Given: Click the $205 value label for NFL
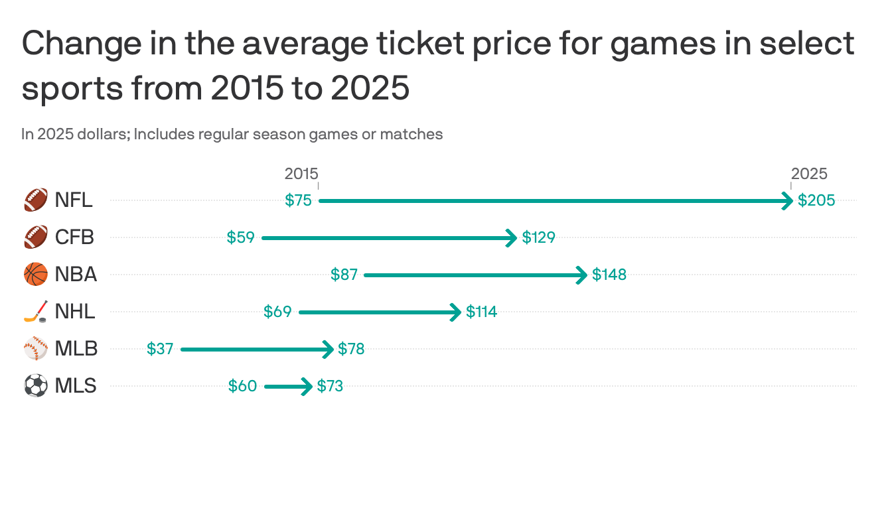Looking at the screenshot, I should (x=816, y=200).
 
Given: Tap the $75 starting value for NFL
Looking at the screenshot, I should (x=298, y=200).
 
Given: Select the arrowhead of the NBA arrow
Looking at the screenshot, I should (x=582, y=275).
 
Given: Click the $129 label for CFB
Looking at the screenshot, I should (x=538, y=237).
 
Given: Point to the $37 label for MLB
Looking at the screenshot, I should (x=160, y=349).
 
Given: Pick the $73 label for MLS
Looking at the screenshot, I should (x=330, y=386).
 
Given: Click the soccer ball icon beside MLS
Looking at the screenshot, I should (x=36, y=386).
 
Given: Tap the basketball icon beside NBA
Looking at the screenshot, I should (x=36, y=275).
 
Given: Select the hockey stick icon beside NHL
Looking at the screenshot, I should (x=36, y=312).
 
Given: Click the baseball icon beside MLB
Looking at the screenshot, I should (x=36, y=349).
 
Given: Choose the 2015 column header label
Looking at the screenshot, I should (x=301, y=174).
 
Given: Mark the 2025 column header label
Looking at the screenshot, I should (x=809, y=174).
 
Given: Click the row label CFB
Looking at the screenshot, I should (x=74, y=237).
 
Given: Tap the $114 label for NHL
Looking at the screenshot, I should (x=481, y=312).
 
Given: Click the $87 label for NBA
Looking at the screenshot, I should (x=344, y=275).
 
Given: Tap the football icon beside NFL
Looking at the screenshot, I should (x=36, y=200).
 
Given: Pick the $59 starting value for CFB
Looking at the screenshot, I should (x=240, y=237).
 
